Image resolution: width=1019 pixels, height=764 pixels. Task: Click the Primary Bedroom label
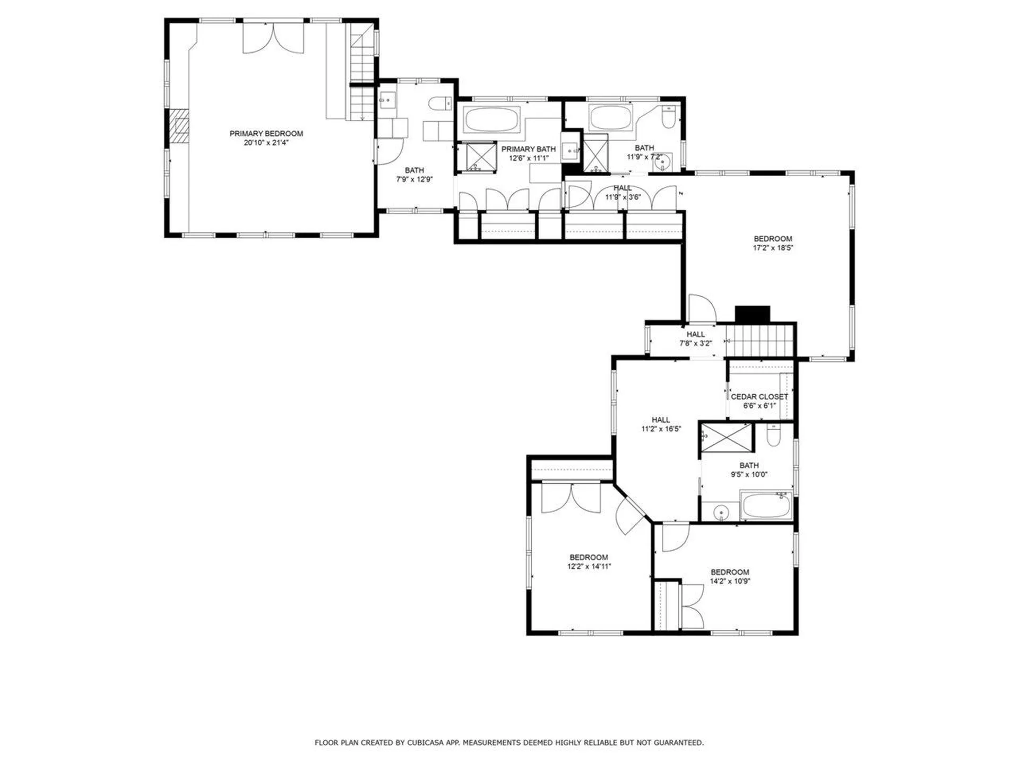(266, 133)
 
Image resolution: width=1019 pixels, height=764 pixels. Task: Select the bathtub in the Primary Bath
(491, 120)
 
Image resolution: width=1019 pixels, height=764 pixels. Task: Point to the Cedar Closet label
(759, 396)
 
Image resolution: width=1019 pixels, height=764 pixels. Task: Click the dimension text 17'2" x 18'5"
(773, 248)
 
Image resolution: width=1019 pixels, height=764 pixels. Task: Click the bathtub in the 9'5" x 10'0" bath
(766, 506)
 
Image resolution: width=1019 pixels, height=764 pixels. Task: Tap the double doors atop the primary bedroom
(273, 38)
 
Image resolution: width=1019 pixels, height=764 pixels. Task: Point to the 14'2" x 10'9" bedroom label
(730, 572)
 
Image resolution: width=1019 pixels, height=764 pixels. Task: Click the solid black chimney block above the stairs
(752, 314)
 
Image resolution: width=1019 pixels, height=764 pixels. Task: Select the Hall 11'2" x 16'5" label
(661, 420)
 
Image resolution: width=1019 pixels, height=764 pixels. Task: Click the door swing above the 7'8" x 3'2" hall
(701, 308)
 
